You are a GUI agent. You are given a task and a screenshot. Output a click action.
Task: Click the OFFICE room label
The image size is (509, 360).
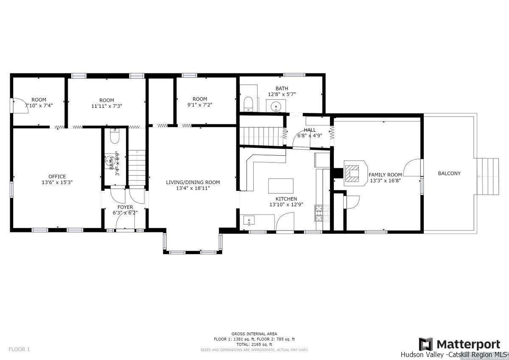point(57,176)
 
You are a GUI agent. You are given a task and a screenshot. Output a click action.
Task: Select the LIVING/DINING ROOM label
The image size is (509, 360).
point(193,182)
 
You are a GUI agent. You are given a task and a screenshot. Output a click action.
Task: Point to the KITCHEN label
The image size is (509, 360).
point(286,199)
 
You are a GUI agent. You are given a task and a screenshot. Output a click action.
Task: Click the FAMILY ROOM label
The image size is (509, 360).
point(385,174)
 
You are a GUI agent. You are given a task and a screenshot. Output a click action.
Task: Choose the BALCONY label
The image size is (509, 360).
point(449,173)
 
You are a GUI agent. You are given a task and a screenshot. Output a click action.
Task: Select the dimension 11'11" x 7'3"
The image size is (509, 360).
point(107,106)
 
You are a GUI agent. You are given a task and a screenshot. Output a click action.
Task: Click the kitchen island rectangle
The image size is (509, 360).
point(281,186)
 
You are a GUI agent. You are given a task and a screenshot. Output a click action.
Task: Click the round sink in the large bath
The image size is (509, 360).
point(276,105)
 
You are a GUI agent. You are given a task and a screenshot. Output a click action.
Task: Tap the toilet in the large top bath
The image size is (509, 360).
point(249,103)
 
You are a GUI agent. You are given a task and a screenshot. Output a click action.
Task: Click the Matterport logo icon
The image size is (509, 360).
point(425,344)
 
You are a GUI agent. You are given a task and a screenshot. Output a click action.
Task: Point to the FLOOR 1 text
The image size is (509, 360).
point(19,349)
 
